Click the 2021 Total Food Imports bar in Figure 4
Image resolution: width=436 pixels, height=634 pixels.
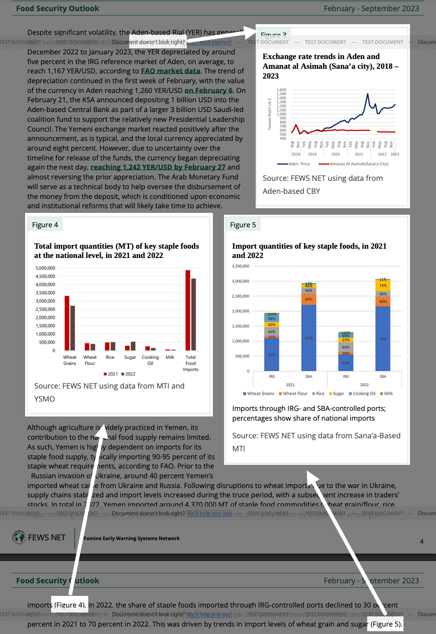[188, 310]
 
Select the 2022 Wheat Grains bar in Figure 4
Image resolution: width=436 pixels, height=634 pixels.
[73, 328]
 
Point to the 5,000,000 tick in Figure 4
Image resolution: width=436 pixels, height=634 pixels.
[45, 268]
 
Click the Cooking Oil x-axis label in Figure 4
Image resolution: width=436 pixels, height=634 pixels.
[150, 360]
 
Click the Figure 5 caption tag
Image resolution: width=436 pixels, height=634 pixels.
[243, 225]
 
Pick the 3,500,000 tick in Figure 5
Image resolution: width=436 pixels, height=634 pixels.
[240, 266]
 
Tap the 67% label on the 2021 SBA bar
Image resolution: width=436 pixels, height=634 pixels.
[309, 338]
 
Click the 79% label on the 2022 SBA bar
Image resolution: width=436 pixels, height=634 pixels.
[383, 339]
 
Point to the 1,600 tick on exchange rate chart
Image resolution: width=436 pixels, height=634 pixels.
[281, 90]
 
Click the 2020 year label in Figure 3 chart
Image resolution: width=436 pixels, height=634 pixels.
[336, 154]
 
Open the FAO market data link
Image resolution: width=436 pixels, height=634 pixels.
[171, 71]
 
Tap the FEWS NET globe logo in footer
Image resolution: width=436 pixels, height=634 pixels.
[19, 537]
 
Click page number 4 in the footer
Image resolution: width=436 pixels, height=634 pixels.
[422, 542]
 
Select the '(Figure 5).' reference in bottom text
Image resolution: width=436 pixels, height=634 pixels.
[385, 624]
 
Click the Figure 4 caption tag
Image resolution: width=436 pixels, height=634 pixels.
[45, 225]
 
